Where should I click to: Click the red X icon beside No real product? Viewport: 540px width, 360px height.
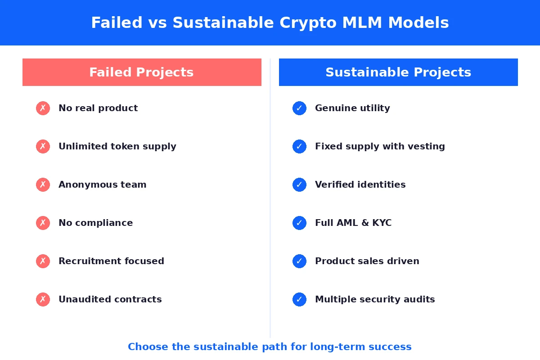pos(43,108)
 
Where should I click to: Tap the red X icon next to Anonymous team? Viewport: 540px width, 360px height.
pos(43,184)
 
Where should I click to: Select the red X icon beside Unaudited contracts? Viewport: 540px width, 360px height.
pos(43,300)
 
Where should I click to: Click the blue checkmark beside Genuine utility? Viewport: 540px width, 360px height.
pos(299,108)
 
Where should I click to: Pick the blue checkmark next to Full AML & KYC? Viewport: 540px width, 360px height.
pos(299,223)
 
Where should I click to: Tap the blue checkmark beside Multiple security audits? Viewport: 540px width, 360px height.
pos(299,300)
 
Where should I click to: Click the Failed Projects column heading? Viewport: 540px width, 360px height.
pos(141,72)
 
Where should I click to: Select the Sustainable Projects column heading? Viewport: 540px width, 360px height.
pos(398,72)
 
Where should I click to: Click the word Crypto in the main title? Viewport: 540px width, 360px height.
pos(308,23)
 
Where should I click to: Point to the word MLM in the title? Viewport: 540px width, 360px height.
pos(362,22)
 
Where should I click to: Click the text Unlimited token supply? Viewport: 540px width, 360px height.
pos(117,147)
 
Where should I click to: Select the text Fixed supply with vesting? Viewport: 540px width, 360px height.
pos(380,147)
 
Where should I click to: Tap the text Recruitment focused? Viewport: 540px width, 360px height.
pos(112,261)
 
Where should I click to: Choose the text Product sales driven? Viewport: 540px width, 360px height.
pos(367,261)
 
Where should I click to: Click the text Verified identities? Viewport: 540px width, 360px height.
pos(360,184)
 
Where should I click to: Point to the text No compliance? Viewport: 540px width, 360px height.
pos(96,223)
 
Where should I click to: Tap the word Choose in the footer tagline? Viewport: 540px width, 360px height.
pos(148,347)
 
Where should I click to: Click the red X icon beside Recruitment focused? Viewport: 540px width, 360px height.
pos(43,261)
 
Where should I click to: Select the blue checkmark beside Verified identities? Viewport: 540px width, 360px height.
pos(299,184)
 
